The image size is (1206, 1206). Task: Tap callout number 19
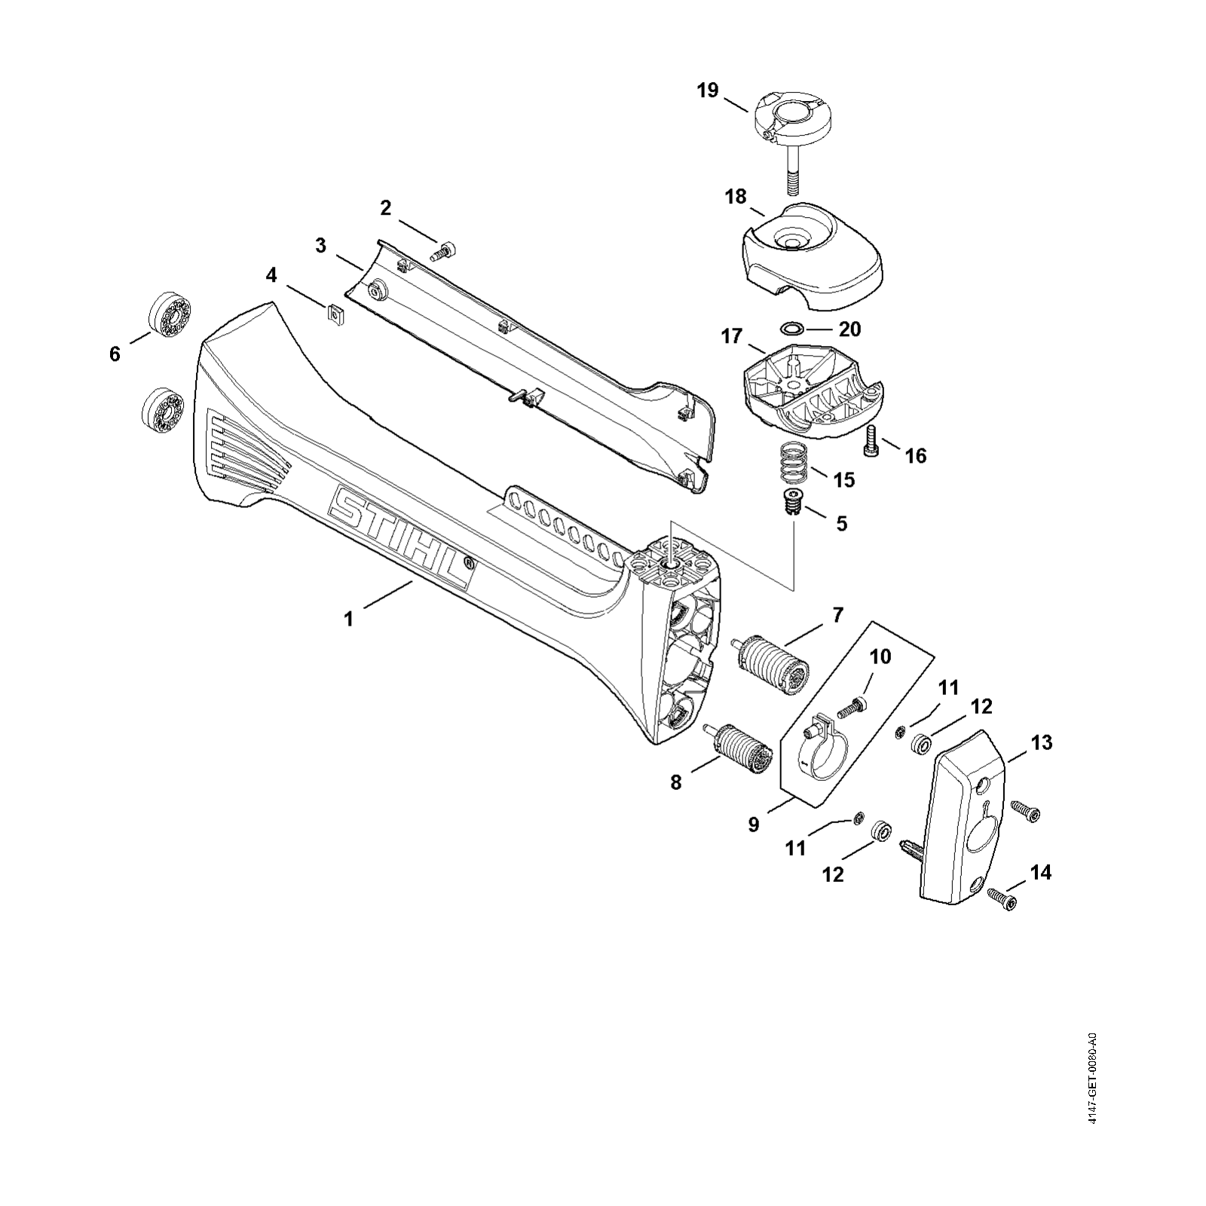[x=708, y=91]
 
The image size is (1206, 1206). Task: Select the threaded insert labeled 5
[x=790, y=502]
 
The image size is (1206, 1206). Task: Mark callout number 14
[x=1040, y=873]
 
